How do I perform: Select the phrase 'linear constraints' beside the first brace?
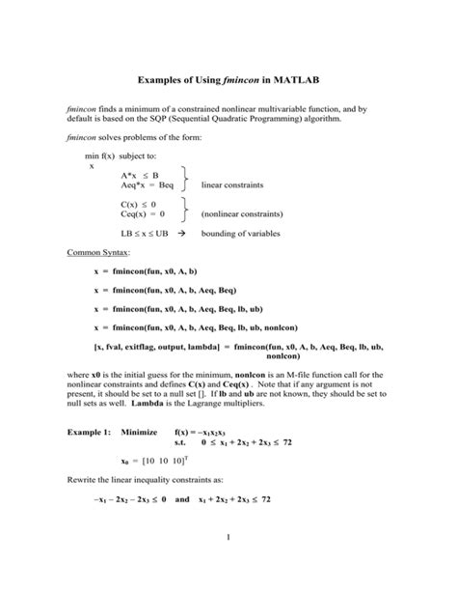pos(231,183)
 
